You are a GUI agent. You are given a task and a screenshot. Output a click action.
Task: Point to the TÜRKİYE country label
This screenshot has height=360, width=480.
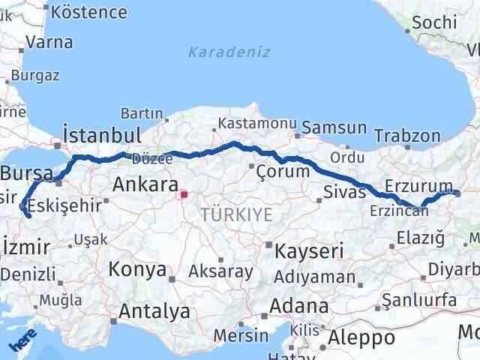point(236,215)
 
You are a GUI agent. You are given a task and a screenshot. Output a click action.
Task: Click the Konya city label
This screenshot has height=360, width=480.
point(137,268)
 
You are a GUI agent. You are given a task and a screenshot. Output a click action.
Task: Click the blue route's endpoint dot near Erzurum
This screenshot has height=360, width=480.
point(457,193)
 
